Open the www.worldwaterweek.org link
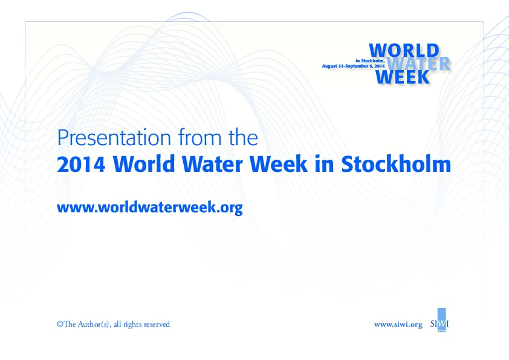point(149,208)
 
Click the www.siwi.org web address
point(398,324)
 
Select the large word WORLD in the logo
point(403,50)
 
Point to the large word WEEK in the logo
point(403,77)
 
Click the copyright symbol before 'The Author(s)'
point(60,324)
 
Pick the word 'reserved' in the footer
point(156,324)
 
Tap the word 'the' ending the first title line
point(242,139)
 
